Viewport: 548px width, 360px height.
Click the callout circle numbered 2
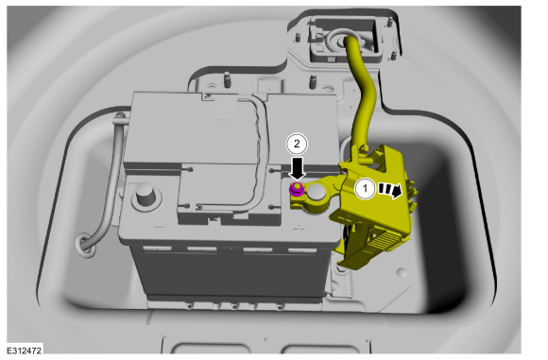click(x=297, y=144)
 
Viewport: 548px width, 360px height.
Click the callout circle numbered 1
click(x=366, y=189)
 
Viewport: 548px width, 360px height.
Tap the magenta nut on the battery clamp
click(x=297, y=189)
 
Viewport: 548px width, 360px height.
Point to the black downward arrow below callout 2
click(x=297, y=169)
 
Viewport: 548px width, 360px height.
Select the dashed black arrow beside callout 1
click(x=390, y=190)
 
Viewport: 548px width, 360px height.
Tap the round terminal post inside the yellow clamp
click(x=317, y=193)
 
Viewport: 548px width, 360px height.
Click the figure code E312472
click(x=25, y=351)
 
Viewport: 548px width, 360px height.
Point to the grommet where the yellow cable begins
click(x=345, y=41)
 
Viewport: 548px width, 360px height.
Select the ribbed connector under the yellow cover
click(x=388, y=241)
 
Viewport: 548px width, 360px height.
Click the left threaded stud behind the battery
click(x=227, y=80)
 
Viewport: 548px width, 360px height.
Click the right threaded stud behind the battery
click(x=313, y=82)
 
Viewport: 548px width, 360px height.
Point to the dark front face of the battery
click(x=231, y=273)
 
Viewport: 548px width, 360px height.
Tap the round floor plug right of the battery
click(x=402, y=272)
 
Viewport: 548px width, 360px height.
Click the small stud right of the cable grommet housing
click(x=394, y=56)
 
